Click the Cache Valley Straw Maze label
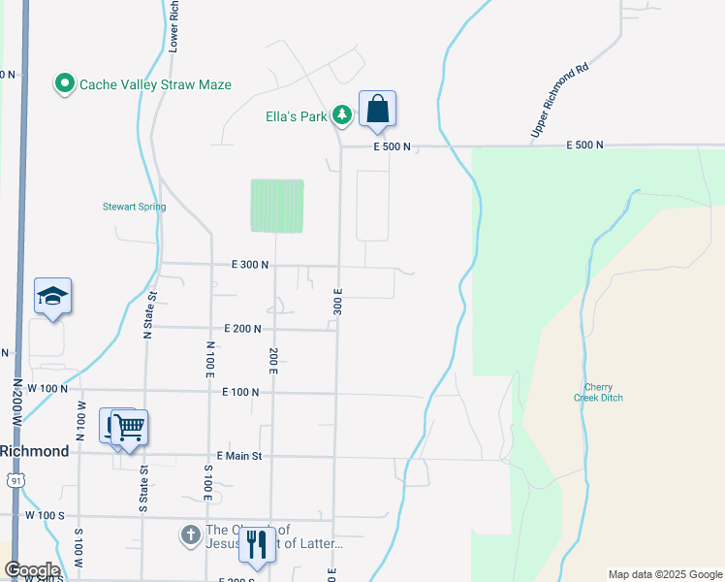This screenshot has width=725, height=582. pos(155,84)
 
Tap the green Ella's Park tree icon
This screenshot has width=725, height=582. pos(341,116)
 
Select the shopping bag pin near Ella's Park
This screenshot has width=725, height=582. pos(377,111)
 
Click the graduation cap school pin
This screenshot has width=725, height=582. pos(53,297)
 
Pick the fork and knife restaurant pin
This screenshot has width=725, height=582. pos(257,546)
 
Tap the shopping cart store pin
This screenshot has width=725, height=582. pos(130,428)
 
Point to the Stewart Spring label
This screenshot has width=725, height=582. pos(135,207)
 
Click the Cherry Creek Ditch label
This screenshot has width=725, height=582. pos(604,392)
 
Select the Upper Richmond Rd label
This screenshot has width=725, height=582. pos(560,101)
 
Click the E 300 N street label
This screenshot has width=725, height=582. pos(250,264)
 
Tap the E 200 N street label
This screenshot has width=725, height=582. pos(242,329)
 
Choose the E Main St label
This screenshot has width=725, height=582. pos(239,455)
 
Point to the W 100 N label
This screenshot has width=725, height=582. pos(47,388)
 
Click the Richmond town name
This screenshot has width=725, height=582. pos(34,451)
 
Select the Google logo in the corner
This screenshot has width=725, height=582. pos(31,570)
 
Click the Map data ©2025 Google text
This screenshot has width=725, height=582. pos(664,574)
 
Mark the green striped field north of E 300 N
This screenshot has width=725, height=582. pos(276,206)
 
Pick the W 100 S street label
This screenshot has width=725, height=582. pos(45,515)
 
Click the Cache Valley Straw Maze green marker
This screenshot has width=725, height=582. pos(65,84)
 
